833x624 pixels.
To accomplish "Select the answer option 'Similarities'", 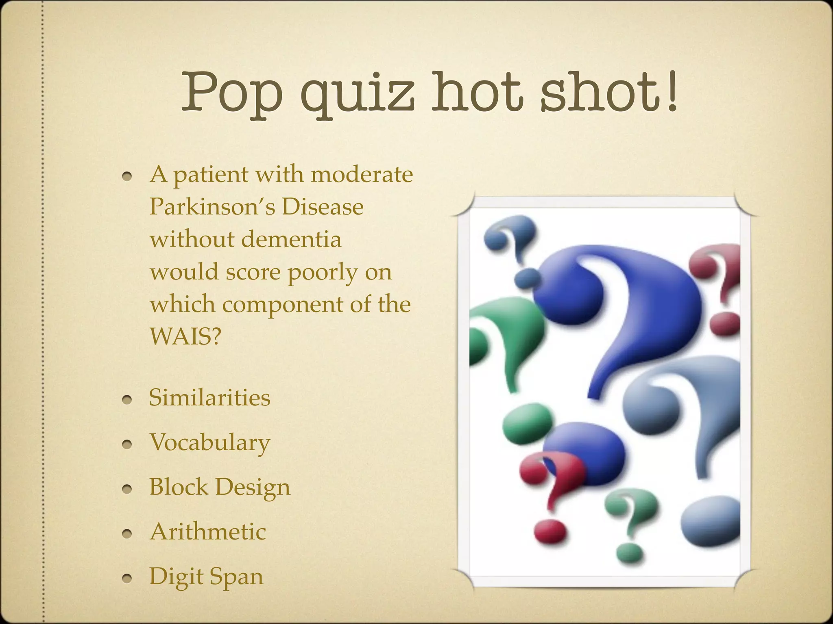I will click(209, 397).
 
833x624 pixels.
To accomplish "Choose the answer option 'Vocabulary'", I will click(209, 442).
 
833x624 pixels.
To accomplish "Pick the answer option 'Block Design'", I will click(220, 487).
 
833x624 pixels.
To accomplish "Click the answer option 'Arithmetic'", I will click(208, 531).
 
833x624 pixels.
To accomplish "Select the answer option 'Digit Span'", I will click(206, 576).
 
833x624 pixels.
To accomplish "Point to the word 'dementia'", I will click(291, 239).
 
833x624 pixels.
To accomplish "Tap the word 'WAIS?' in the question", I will click(185, 336).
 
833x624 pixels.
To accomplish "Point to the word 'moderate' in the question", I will click(362, 175).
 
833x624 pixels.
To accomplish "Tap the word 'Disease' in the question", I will click(323, 207).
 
